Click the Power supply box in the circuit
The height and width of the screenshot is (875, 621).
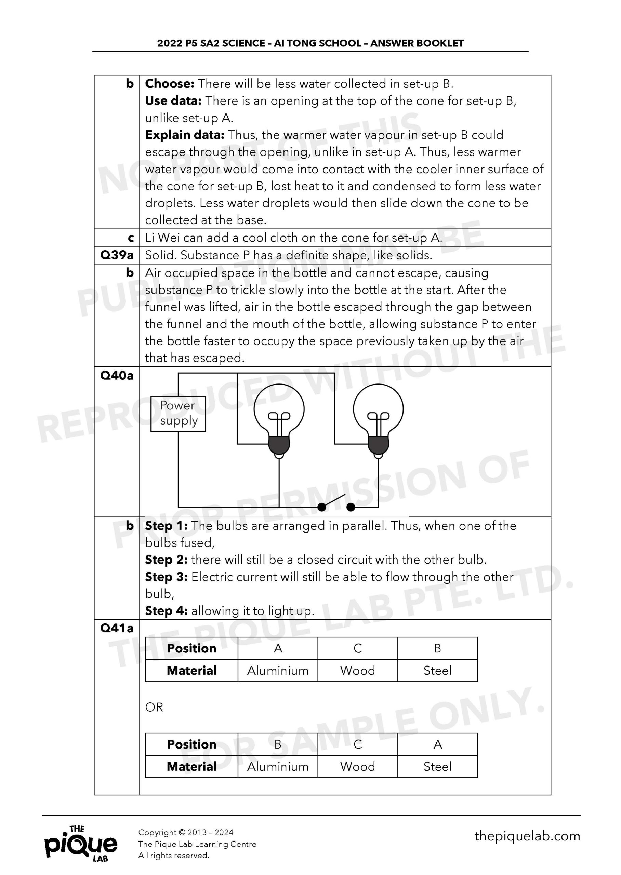pos(178,414)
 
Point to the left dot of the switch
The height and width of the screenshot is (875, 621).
pos(322,507)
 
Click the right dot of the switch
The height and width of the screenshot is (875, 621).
pos(351,507)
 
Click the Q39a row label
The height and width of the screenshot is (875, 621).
pos(117,255)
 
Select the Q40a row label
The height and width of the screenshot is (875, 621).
pos(117,376)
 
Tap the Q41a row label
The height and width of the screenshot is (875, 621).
pos(117,628)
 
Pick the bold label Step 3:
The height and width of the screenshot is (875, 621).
pos(166,577)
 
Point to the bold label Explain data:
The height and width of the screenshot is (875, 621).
pos(185,135)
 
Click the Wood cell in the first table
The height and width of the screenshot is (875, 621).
pos(358,670)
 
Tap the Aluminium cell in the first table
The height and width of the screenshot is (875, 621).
pos(278,670)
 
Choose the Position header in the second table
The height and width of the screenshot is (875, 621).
pos(191,744)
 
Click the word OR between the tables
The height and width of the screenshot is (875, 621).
pos(154,707)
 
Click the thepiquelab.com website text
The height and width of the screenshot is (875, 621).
pos(527,836)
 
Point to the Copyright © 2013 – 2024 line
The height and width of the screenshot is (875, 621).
pos(185,832)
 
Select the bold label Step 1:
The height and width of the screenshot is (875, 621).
pos(166,526)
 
